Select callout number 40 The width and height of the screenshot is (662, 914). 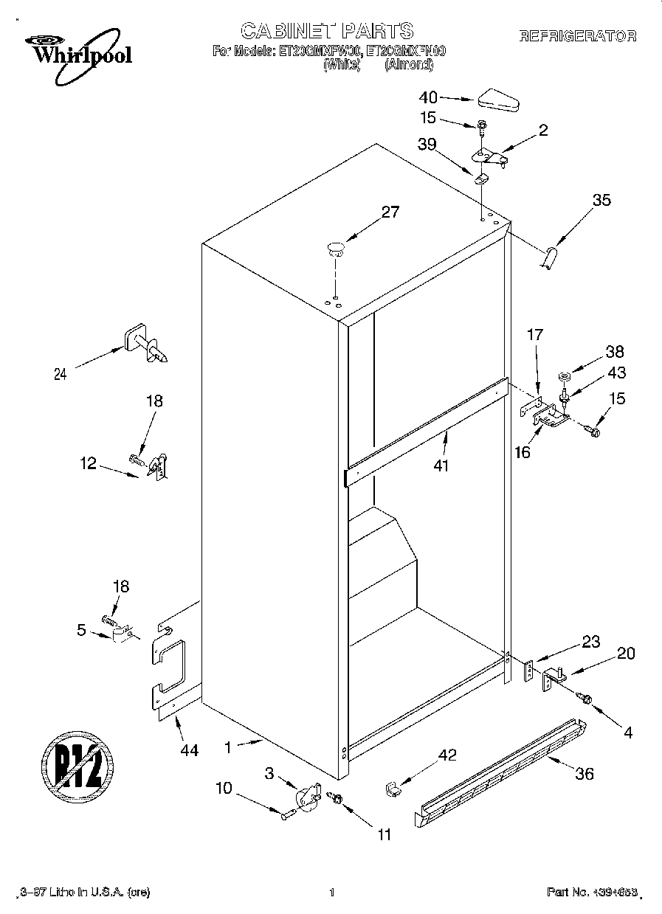tap(428, 97)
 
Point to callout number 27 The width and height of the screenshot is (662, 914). tap(390, 212)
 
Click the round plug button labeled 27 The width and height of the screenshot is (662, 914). tap(336, 247)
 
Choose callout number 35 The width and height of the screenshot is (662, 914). tap(601, 199)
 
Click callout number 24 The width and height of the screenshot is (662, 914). tap(61, 374)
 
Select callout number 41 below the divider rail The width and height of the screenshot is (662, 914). tap(442, 465)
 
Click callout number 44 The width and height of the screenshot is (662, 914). tap(190, 750)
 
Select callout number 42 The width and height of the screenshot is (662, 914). tap(447, 755)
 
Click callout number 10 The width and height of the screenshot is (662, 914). tap(224, 788)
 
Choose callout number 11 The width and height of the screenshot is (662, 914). tap(384, 835)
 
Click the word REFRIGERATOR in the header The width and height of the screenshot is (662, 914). tap(578, 36)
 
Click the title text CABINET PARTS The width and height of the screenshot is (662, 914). tap(327, 31)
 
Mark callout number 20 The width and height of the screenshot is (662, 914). tap(626, 653)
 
